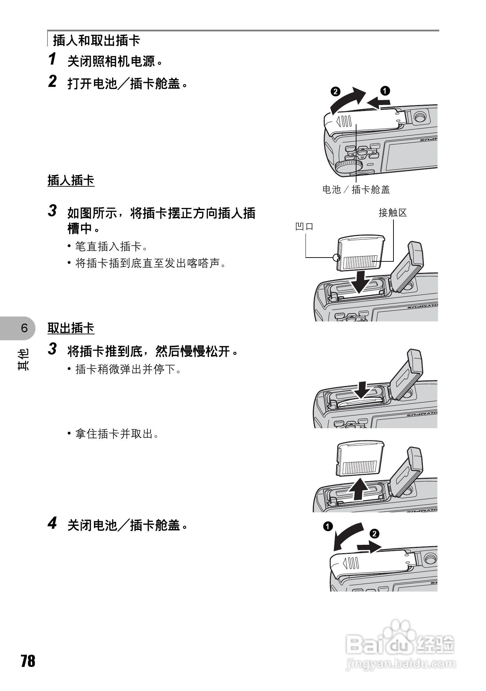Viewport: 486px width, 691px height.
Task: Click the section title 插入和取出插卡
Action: coord(96,40)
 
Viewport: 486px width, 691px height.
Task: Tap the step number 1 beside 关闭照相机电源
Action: coord(52,59)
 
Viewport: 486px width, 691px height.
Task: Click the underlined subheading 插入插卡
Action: coord(71,180)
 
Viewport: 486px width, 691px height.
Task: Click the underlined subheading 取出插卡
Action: coord(71,328)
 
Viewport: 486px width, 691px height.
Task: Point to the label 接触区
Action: coord(393,213)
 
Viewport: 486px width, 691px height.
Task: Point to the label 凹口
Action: coord(304,226)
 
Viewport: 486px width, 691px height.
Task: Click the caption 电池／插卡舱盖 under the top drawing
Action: coord(356,190)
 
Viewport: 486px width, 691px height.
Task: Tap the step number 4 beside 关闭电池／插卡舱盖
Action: coord(52,523)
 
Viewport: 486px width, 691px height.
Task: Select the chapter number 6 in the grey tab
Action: coord(24,328)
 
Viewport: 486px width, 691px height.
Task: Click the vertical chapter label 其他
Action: coord(24,359)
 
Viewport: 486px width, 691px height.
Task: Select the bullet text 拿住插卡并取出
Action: coord(117,434)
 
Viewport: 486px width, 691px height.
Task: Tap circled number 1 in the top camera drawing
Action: coord(385,90)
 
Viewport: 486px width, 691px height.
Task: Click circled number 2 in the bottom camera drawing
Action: coord(374,534)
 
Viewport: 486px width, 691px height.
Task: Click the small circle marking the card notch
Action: coord(336,258)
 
